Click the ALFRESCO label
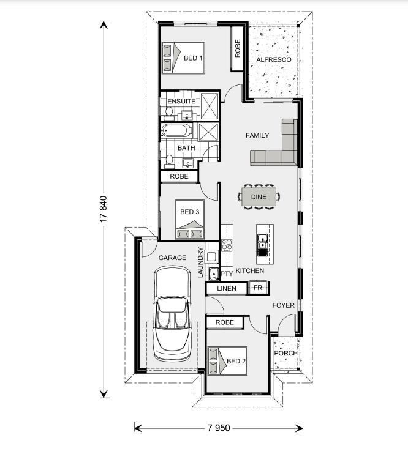coord(274,59)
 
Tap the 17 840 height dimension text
coord(104,209)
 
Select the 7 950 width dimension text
coord(219,428)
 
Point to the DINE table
coord(259,197)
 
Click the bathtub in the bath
coord(176,130)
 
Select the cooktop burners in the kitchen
coord(227,245)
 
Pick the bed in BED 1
coord(183,58)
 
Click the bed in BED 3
coord(190,220)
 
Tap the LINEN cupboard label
coord(227,288)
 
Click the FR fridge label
coord(258,288)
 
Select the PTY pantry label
coord(227,274)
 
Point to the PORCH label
coord(286,353)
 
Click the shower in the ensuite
coord(210,106)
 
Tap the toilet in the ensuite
coord(168,113)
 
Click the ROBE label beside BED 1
coord(238,48)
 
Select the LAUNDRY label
coord(200,262)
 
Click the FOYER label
coord(283,305)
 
